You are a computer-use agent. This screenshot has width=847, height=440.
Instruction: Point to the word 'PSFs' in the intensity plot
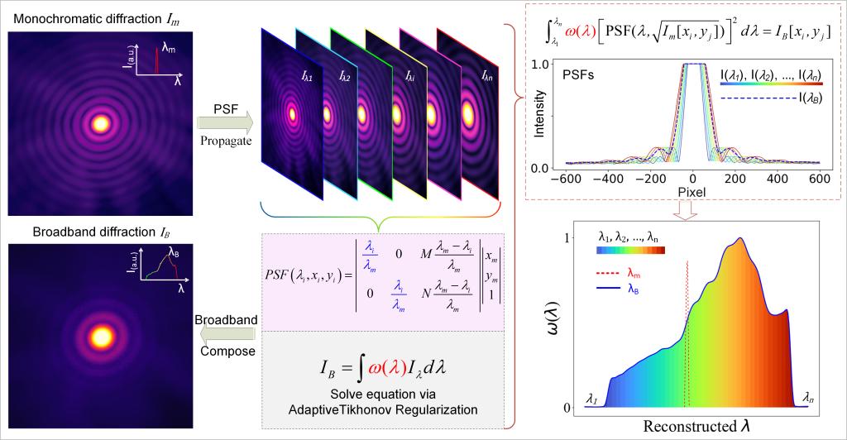click(583, 74)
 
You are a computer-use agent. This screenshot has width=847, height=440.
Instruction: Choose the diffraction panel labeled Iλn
click(468, 108)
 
